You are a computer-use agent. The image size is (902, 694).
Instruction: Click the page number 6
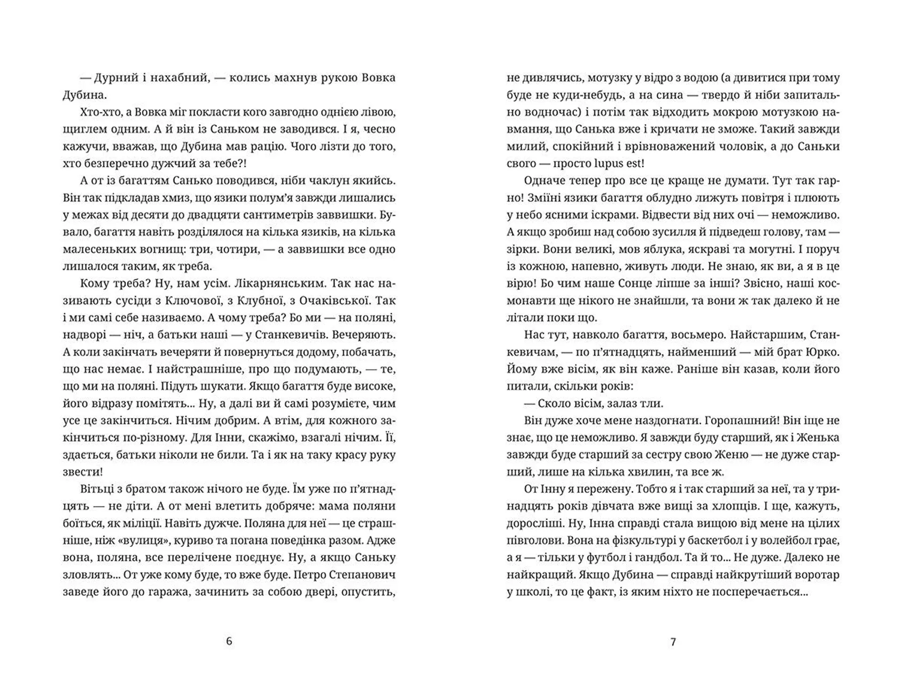click(x=229, y=641)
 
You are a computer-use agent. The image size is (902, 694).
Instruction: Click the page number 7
click(x=673, y=642)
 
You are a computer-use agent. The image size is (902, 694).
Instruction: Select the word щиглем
click(x=84, y=129)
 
